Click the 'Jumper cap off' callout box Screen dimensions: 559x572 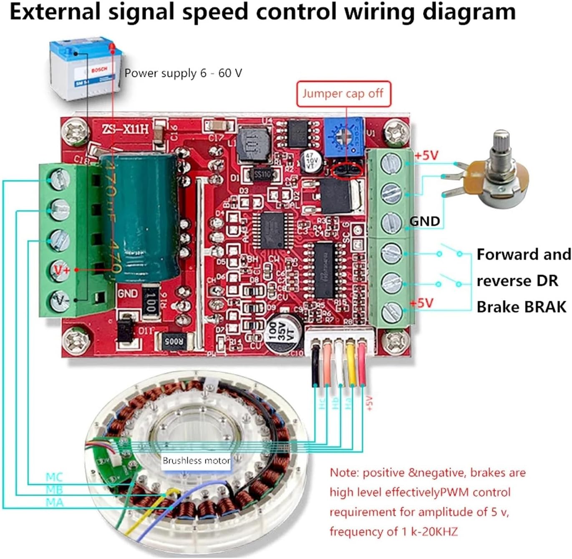point(343,94)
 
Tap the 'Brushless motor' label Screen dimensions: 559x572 point(196,461)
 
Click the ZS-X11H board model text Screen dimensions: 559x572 point(125,128)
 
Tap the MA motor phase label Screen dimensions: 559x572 point(55,502)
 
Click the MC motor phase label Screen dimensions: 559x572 point(54,477)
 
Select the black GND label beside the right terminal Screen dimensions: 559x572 point(425,221)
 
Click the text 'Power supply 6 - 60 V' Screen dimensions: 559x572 point(183,73)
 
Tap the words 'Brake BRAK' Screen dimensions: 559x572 point(521,307)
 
